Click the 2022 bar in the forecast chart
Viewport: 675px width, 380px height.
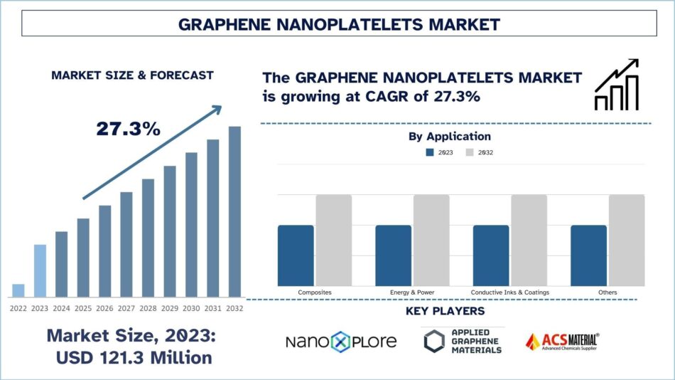coord(18,290)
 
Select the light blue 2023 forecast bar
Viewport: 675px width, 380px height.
coord(40,270)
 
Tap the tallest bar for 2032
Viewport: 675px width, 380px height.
coord(234,211)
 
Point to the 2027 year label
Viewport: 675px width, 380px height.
coord(126,308)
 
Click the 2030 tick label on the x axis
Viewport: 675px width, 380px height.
coord(191,308)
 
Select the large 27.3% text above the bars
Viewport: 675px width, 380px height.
coord(129,129)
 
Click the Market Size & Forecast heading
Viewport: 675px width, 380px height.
coord(132,75)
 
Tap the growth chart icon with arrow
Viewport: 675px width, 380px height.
coord(616,85)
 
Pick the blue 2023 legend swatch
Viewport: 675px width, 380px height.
coord(429,152)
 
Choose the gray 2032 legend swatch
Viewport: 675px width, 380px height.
coord(470,152)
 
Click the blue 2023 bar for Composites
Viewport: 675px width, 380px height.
coord(296,255)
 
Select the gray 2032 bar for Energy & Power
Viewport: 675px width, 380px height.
coord(431,241)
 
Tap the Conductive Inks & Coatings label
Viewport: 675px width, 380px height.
coord(509,292)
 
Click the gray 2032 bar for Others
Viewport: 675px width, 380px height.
coord(626,241)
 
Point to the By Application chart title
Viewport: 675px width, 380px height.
coord(449,136)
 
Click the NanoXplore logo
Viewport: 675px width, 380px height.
coord(341,342)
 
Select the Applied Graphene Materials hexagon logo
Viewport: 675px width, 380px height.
coord(434,342)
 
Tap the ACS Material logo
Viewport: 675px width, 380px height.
coord(561,342)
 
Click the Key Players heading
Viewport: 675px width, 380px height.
coord(445,311)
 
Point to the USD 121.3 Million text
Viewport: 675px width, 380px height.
coord(134,357)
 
